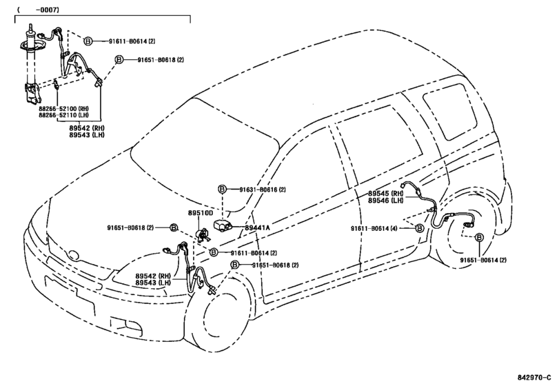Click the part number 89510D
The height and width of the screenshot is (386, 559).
coord(201,213)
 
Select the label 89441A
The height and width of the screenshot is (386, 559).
coord(257,227)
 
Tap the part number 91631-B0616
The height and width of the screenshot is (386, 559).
coord(258,190)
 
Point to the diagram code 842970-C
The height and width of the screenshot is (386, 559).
coord(534,378)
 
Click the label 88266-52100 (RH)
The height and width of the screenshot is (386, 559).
coord(63,108)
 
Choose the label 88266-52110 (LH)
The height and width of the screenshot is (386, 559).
coord(63,115)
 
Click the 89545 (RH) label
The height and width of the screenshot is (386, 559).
coord(385,193)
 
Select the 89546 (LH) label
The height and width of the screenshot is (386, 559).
coord(385,201)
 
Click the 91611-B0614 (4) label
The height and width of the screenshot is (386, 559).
coord(374,228)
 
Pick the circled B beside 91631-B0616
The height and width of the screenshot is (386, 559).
coord(222,190)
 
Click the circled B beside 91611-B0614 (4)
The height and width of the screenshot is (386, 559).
coord(420,228)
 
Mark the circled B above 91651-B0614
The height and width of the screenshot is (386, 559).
coord(480,237)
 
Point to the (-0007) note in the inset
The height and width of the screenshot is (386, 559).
coord(37,10)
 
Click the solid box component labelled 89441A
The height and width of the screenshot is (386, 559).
coord(223,226)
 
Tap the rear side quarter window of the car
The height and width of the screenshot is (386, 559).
coord(450,111)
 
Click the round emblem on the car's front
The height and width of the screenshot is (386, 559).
coord(74,255)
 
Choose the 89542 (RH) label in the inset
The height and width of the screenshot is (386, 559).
coord(87,128)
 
